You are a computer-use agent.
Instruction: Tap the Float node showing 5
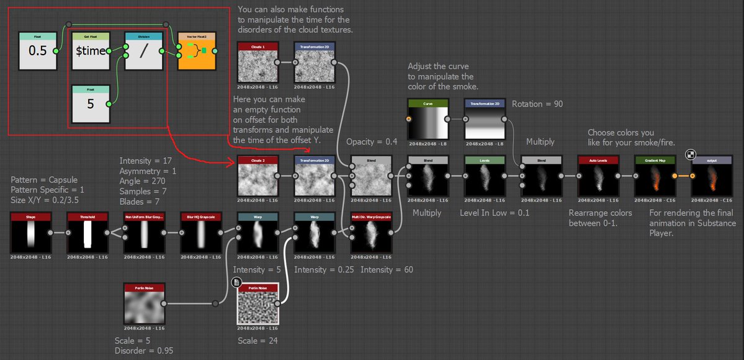[x=90, y=104]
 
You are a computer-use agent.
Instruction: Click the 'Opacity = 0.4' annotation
[x=372, y=142]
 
